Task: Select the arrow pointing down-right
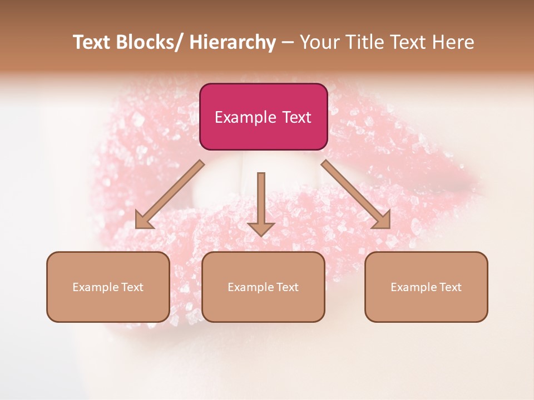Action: click(x=356, y=194)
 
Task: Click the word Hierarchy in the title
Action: click(x=233, y=42)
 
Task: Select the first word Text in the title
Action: click(x=92, y=42)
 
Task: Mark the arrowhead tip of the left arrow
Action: click(x=136, y=228)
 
